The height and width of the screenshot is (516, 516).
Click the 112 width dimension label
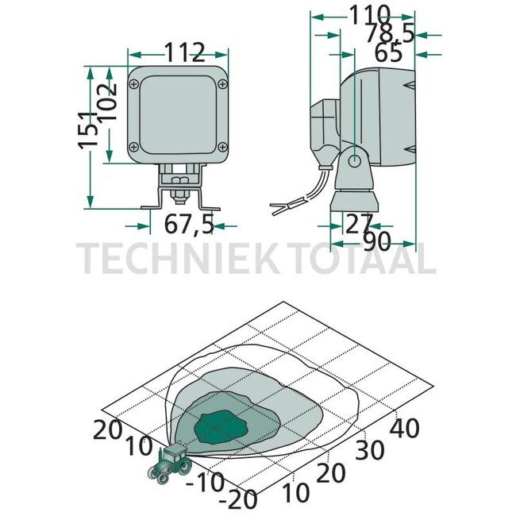click(184, 52)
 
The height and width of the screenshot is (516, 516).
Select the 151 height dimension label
click(88, 130)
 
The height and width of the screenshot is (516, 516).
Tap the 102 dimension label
click(107, 102)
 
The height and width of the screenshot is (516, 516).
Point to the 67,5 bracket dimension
click(189, 224)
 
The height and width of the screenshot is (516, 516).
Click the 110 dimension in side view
click(369, 15)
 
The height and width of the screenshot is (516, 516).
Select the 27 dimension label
click(359, 224)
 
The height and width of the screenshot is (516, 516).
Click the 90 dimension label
click(377, 241)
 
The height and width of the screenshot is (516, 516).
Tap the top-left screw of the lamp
click(134, 84)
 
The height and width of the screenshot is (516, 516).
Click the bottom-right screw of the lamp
click(223, 147)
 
